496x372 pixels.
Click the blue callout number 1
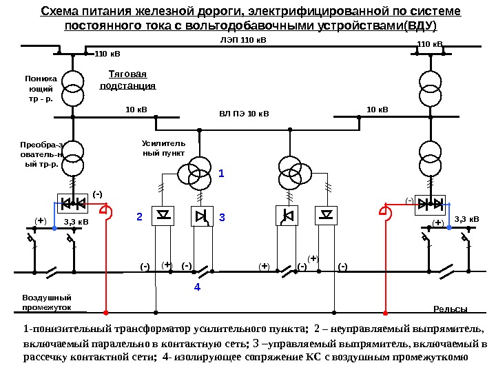coord(221,174)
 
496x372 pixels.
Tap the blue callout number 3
coord(222,218)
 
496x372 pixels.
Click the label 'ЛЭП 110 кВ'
coord(238,40)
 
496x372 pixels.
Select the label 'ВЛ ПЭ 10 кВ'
coord(245,113)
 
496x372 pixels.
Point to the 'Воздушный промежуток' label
coord(42,302)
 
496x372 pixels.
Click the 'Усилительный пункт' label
coord(159,148)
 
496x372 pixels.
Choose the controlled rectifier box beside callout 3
coord(202,216)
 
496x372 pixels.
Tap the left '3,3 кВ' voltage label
coord(76,222)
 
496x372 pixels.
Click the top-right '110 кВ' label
coord(430,44)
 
